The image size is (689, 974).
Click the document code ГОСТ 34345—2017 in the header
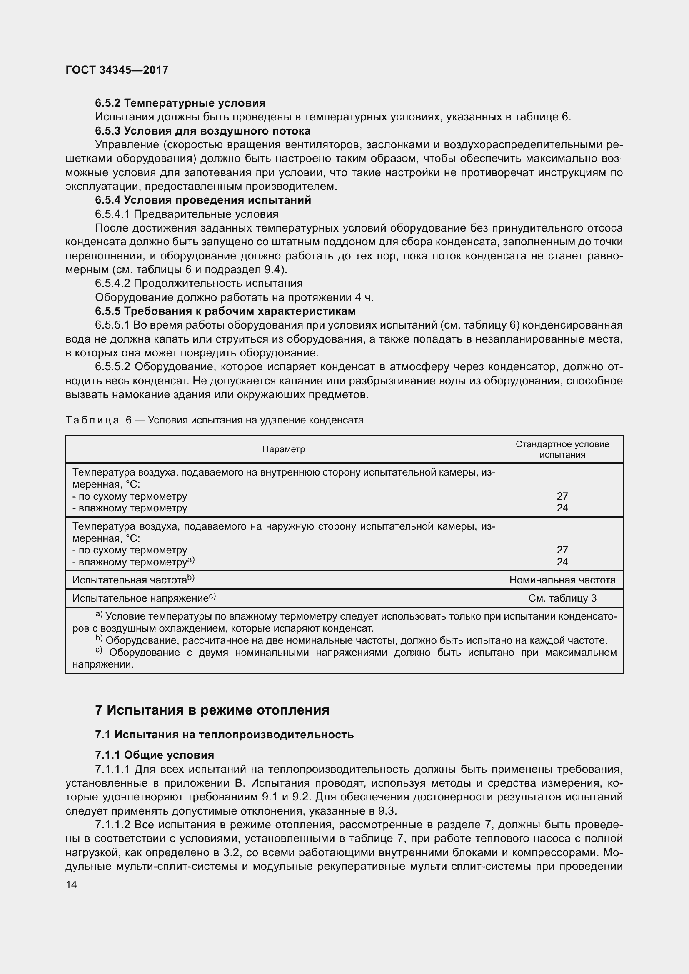pyautogui.click(x=117, y=70)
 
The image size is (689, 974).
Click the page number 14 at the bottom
pyautogui.click(x=71, y=884)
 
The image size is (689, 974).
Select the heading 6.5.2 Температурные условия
pyautogui.click(x=180, y=103)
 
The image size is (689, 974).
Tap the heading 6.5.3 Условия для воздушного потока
pyautogui.click(x=203, y=131)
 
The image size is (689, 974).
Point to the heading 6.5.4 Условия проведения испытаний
pyautogui.click(x=203, y=200)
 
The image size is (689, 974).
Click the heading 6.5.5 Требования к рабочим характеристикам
pyautogui.click(x=225, y=311)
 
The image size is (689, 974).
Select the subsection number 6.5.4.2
pyautogui.click(x=112, y=284)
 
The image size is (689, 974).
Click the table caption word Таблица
pyautogui.click(x=92, y=421)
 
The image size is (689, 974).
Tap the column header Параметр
pyautogui.click(x=283, y=449)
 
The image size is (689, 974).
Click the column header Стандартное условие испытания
pyautogui.click(x=562, y=449)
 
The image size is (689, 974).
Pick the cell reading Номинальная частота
pyautogui.click(x=562, y=580)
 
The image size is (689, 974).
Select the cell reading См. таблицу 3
pyautogui.click(x=562, y=598)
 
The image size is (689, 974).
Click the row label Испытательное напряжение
pyautogui.click(x=140, y=598)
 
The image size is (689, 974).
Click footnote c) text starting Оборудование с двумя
pyautogui.click(x=357, y=653)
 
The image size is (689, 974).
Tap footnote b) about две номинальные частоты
pyautogui.click(x=357, y=640)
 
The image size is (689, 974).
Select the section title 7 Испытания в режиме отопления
pyautogui.click(x=212, y=710)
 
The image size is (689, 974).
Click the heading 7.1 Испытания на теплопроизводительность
pyautogui.click(x=225, y=734)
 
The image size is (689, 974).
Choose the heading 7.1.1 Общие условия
pyautogui.click(x=155, y=755)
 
